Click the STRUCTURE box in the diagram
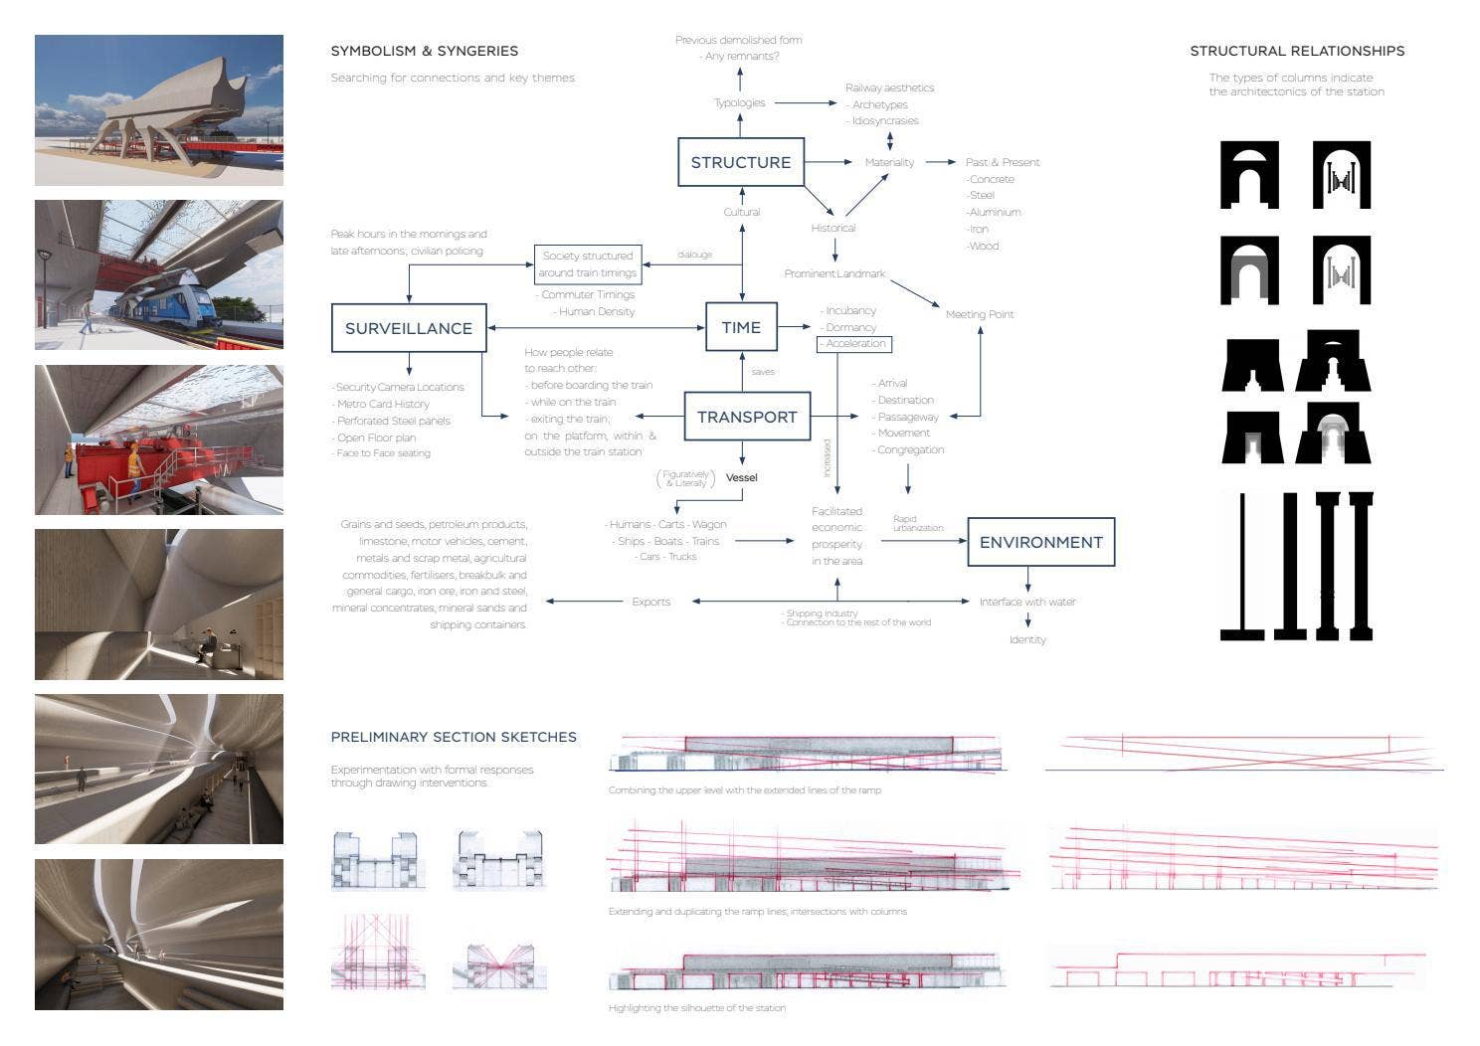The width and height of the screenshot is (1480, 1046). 740,162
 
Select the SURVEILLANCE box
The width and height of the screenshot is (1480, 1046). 408,328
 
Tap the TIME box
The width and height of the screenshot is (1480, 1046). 741,327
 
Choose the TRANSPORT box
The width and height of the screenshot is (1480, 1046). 747,417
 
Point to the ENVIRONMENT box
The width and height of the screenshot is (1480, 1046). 1040,542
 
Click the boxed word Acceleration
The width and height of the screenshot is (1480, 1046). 854,344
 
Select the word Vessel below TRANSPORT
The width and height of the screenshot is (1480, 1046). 741,477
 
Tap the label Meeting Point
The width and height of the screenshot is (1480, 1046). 980,314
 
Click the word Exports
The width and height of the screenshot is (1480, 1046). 650,602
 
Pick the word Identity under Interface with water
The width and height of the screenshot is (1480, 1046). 1027,639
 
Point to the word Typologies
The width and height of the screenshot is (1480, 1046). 739,102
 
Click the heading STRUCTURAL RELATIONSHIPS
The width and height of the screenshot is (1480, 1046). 1297,51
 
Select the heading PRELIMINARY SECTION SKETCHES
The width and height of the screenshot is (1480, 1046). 454,737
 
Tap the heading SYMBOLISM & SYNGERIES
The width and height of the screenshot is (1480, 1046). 425,51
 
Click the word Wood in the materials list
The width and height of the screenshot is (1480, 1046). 983,246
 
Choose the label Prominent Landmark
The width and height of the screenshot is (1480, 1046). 834,273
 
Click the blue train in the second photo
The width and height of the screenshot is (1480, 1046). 169,298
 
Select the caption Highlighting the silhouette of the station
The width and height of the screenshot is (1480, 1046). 697,1008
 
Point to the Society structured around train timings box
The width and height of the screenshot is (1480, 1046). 588,264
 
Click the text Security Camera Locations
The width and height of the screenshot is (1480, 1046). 399,387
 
